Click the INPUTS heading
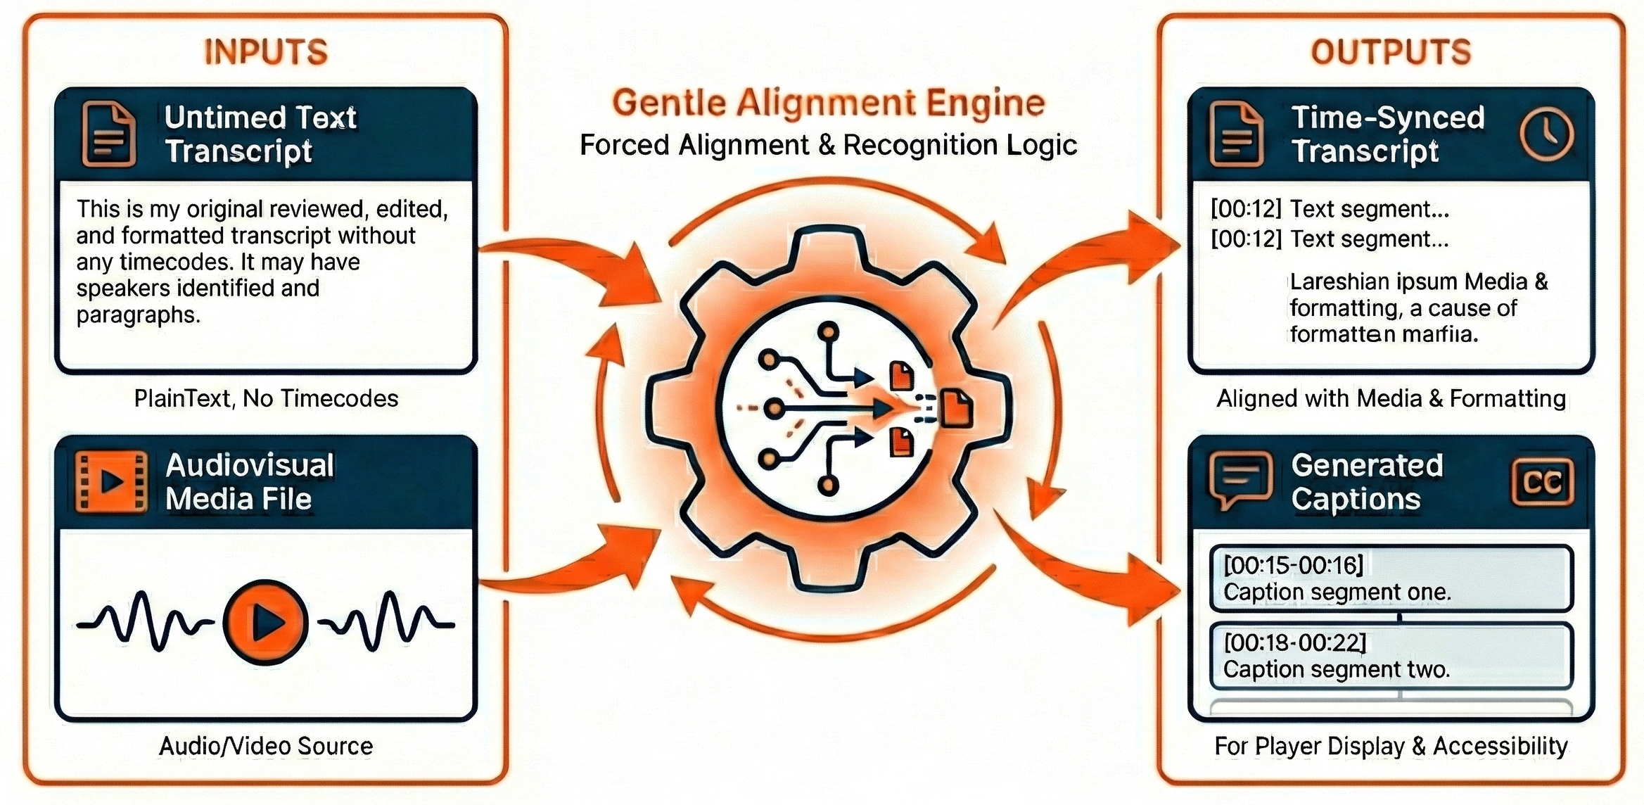tap(266, 52)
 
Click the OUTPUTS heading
tap(1391, 52)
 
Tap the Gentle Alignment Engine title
tap(828, 103)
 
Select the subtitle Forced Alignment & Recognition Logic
tap(828, 145)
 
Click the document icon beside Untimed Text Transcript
tap(109, 134)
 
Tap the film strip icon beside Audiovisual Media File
tap(111, 481)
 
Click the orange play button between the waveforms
tap(265, 622)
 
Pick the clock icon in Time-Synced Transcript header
tap(1547, 134)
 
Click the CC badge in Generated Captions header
tap(1542, 482)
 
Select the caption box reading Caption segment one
tap(1391, 578)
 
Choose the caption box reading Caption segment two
tap(1391, 656)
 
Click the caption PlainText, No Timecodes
tap(266, 398)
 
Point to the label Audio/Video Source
tap(266, 746)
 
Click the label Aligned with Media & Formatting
tap(1391, 398)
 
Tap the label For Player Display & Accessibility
tap(1391, 746)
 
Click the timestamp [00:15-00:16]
tap(1293, 564)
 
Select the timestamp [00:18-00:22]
tap(1294, 642)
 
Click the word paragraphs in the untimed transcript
tap(137, 315)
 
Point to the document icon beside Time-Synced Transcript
tap(1236, 134)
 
